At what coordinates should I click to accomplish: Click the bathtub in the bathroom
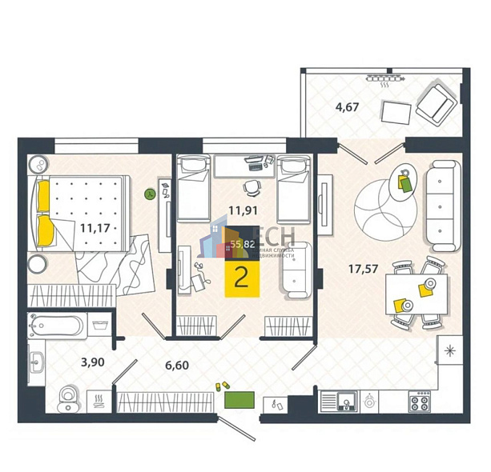(x=54, y=325)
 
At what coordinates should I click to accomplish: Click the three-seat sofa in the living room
(x=440, y=205)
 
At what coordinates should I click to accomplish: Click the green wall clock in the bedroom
(x=149, y=193)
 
